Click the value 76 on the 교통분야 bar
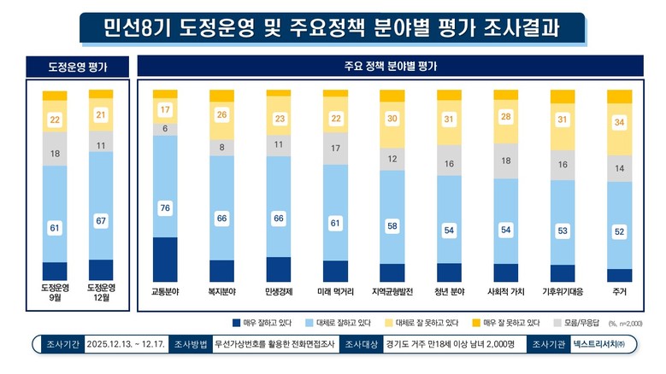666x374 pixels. pyautogui.click(x=165, y=207)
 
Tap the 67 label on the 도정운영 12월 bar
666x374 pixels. pyautogui.click(x=101, y=222)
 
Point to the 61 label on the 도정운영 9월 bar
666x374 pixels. pyautogui.click(x=54, y=228)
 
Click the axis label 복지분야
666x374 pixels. pyautogui.click(x=221, y=291)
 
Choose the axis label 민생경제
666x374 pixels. pyautogui.click(x=279, y=291)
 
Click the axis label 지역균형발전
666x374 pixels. pyautogui.click(x=392, y=291)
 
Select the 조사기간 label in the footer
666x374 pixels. pyautogui.click(x=61, y=344)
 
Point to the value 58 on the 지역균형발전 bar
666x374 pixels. pyautogui.click(x=392, y=225)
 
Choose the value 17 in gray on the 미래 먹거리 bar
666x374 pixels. pyautogui.click(x=335, y=148)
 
